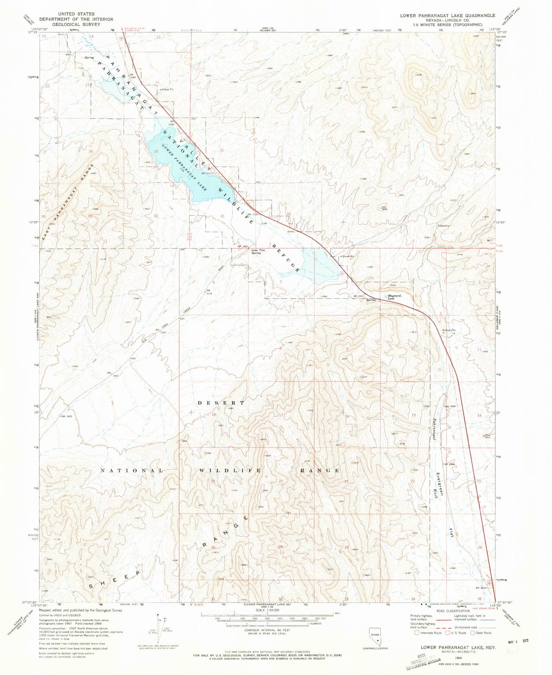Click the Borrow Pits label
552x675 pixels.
click(x=449, y=330)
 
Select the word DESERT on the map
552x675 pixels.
click(x=221, y=403)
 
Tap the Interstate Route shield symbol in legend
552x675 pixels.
click(x=417, y=633)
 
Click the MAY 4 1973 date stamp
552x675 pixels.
click(x=518, y=641)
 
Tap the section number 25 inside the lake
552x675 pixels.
click(x=156, y=151)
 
